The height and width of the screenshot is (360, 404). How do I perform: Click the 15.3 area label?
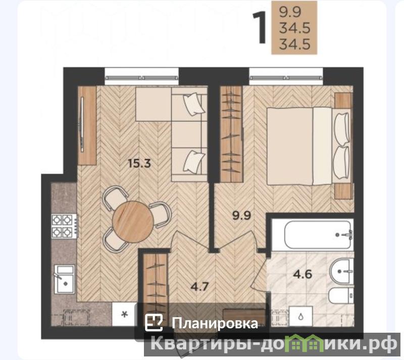[x=139, y=163]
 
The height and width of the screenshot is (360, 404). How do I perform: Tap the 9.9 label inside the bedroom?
[x=241, y=215]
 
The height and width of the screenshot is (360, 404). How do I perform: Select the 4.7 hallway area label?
[x=199, y=286]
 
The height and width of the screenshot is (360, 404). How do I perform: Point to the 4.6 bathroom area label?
[x=302, y=274]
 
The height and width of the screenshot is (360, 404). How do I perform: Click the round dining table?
[x=133, y=221]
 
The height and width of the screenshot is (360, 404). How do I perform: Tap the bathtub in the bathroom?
[x=318, y=235]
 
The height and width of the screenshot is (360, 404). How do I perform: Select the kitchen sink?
[x=64, y=279]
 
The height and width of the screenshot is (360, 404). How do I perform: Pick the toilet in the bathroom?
[x=341, y=295]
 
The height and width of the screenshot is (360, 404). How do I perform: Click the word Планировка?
[x=215, y=323]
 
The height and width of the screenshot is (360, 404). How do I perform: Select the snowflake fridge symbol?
[x=124, y=314]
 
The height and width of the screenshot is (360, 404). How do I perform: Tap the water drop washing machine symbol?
[x=300, y=316]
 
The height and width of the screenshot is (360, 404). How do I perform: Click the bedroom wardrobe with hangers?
[x=231, y=134]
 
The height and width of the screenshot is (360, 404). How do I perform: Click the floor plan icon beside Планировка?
[x=154, y=323]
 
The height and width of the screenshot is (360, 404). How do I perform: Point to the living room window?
[x=142, y=77]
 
